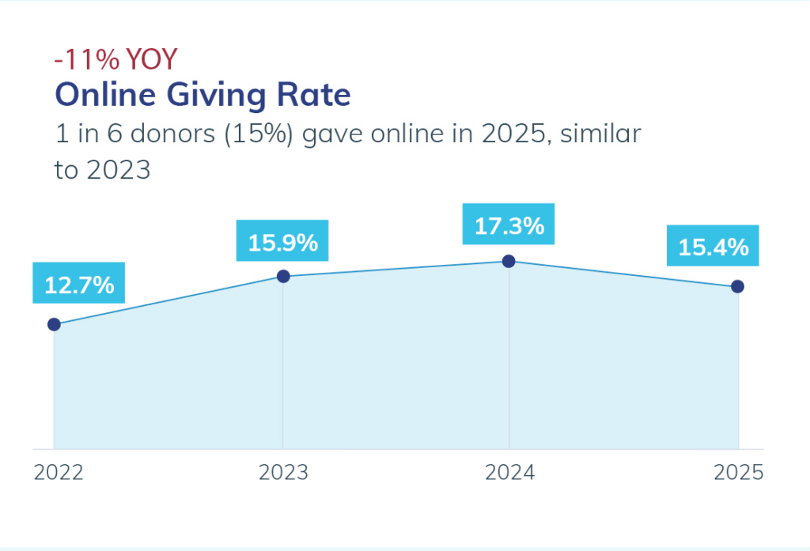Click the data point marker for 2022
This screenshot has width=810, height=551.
(x=54, y=324)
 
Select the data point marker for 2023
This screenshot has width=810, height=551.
(x=282, y=276)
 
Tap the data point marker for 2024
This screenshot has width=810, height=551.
(x=509, y=261)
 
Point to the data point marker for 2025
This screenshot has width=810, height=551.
(x=737, y=286)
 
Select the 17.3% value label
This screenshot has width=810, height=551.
(x=509, y=226)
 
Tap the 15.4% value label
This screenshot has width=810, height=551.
(x=713, y=247)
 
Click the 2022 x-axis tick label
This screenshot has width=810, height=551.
(x=58, y=473)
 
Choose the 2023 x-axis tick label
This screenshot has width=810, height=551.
(x=284, y=473)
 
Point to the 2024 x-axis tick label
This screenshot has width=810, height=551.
(x=510, y=473)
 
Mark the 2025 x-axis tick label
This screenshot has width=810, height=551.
(x=739, y=473)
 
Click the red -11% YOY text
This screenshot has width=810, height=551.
(x=115, y=59)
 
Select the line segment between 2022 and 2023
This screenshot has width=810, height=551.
(x=168, y=300)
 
